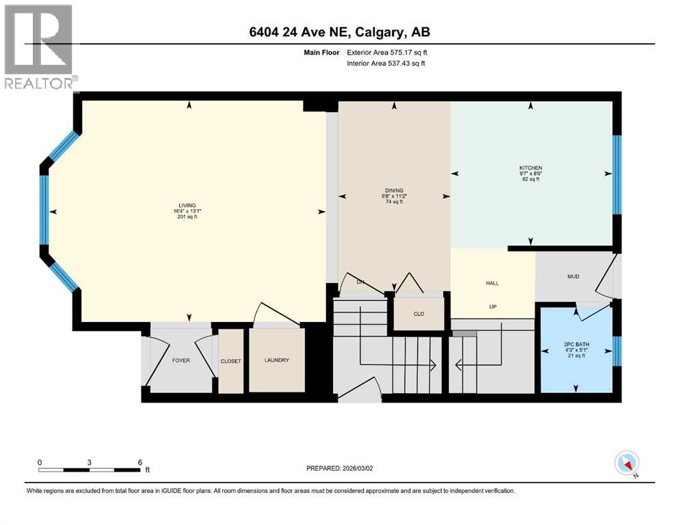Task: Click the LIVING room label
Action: click(x=187, y=205)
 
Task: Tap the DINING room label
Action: click(x=394, y=191)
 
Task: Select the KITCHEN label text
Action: click(x=531, y=167)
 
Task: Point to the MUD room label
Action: click(x=574, y=278)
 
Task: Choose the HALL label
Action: click(x=492, y=282)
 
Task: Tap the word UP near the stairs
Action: click(x=492, y=307)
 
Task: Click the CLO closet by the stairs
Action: click(x=418, y=314)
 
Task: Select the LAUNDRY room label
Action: click(x=276, y=360)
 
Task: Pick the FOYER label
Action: click(x=181, y=360)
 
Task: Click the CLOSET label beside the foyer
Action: click(x=230, y=361)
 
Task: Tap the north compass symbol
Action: click(x=626, y=464)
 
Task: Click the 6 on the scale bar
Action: click(x=139, y=461)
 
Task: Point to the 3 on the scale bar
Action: click(x=90, y=461)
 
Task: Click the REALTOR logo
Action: click(x=38, y=46)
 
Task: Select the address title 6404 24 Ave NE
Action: click(x=339, y=32)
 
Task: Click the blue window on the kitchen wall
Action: click(x=616, y=174)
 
